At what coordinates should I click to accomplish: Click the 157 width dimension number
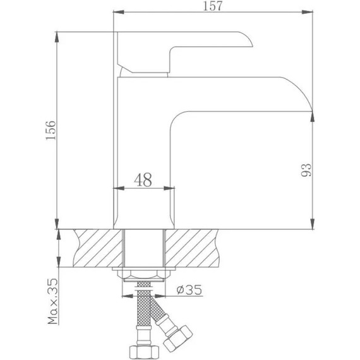pos(212,6)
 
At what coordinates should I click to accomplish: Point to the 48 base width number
pos(143,180)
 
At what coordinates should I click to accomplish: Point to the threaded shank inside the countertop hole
pos(144,249)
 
